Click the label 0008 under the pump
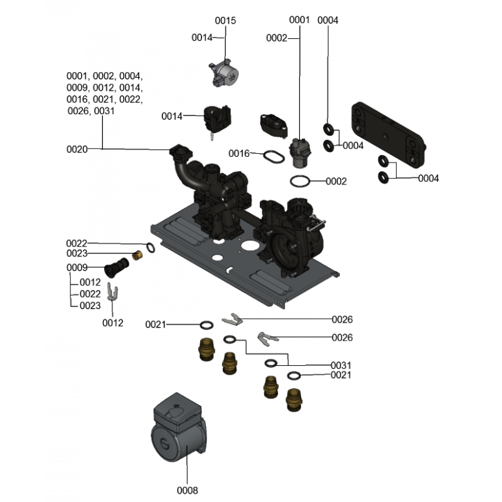(x=187, y=490)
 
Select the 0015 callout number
(x=225, y=21)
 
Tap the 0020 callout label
(x=77, y=149)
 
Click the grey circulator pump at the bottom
(x=179, y=428)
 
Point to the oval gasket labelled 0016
(x=274, y=157)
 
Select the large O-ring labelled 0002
(x=300, y=181)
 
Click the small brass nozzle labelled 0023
(x=137, y=255)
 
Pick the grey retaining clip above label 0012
(x=112, y=291)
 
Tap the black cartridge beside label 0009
(x=117, y=267)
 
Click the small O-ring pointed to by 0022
(x=151, y=247)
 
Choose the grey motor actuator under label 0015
(x=225, y=73)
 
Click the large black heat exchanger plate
(x=388, y=135)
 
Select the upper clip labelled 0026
(x=232, y=319)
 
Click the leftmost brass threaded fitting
(x=207, y=350)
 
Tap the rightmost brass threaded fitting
(x=294, y=400)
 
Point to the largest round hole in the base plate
(x=250, y=246)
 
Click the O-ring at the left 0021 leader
(x=206, y=325)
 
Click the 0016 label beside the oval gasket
(x=239, y=154)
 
